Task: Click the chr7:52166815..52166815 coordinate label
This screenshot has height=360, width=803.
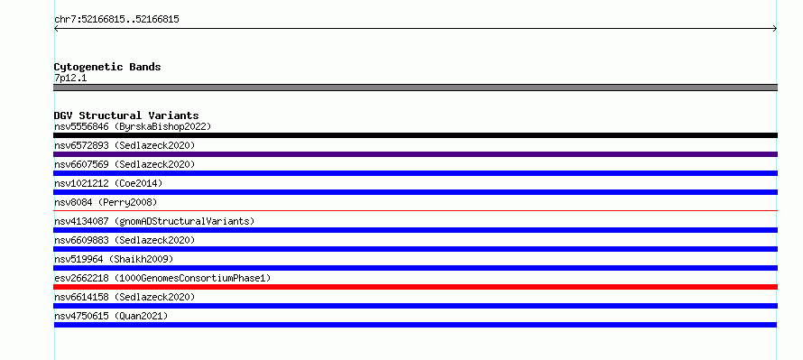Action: pos(116,20)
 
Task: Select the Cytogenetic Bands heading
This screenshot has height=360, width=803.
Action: pos(107,67)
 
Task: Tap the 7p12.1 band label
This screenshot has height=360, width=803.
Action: pos(70,78)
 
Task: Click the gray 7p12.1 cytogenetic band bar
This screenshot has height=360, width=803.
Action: pos(415,88)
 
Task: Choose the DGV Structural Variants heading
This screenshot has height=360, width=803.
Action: pos(126,115)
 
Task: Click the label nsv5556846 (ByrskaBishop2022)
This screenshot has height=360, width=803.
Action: pos(133,126)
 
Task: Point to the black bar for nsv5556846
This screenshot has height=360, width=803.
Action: pos(415,135)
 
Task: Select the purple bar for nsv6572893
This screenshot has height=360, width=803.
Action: pos(415,154)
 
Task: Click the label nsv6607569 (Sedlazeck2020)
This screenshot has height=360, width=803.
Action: pos(125,164)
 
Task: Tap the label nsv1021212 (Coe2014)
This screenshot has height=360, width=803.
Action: pos(108,183)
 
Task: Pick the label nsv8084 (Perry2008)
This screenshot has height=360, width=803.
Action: pos(106,202)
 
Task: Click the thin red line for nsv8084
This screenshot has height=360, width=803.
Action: pos(415,210)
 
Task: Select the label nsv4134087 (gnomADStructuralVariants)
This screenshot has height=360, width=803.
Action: pos(154,221)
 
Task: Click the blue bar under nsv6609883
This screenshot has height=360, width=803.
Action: pos(415,249)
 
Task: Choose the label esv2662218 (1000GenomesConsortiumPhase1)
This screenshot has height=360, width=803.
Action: pos(162,278)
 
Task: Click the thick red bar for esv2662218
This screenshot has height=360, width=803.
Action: pos(415,287)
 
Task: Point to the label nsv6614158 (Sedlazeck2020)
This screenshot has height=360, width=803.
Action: pos(125,297)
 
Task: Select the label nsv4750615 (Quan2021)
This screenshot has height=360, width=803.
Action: pos(111,316)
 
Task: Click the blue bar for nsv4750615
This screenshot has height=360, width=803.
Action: pos(415,325)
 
